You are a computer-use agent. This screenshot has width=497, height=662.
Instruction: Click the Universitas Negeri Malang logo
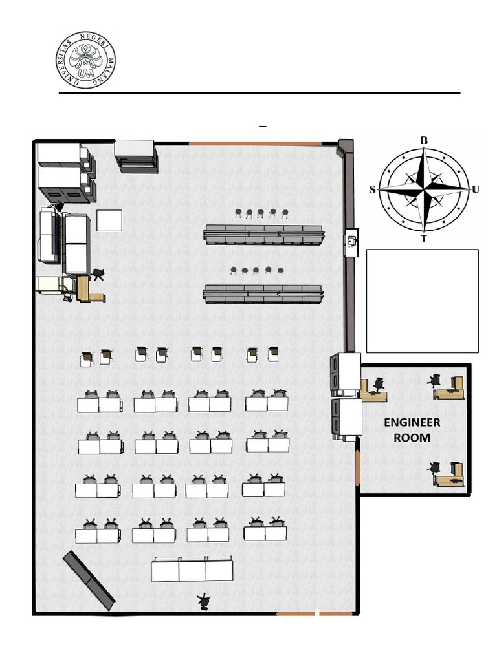pos(85,61)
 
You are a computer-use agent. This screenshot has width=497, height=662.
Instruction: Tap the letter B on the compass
pos(424,140)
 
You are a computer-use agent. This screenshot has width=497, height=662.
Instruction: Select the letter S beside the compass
pos(373,189)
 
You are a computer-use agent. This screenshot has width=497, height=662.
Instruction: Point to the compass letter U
pos(476,189)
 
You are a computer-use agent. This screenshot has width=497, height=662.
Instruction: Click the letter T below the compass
pos(424,239)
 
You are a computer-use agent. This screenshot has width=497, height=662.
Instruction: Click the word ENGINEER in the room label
pos(412,423)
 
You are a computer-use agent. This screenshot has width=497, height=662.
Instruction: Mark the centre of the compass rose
pos(424,189)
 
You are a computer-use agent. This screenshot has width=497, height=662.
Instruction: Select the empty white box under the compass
pos(422,301)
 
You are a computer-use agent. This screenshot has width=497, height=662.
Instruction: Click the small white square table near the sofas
pos(109,220)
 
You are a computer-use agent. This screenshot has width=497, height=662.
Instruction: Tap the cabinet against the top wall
pos(136,156)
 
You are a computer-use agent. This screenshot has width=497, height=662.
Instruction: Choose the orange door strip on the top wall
pos(254,143)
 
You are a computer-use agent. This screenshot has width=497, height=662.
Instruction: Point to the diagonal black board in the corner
pos(89,580)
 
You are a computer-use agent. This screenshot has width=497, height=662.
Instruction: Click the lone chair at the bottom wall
pos(204,602)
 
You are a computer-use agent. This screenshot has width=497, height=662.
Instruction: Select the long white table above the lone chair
pos(192,570)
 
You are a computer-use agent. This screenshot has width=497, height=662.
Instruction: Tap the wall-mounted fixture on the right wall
pos(351,242)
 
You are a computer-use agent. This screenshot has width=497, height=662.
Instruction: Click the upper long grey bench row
pos(264,234)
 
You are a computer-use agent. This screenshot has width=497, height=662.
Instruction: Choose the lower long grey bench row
pos(263,294)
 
